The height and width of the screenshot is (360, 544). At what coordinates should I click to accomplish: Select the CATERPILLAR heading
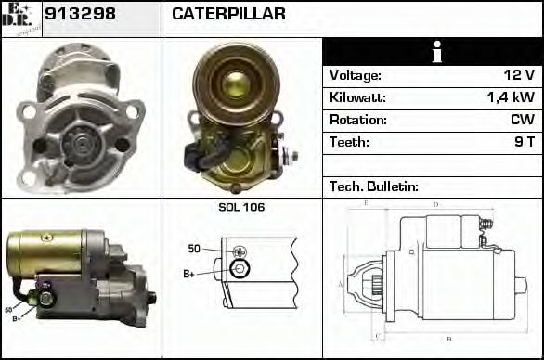point(227,15)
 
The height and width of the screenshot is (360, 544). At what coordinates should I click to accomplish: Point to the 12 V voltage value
point(520,75)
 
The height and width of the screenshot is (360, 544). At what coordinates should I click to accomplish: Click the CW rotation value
point(522,120)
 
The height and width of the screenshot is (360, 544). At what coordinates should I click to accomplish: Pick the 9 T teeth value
point(524,142)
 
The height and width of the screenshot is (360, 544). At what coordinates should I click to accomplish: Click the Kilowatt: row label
point(357,97)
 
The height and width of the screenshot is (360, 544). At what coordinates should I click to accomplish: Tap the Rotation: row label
point(356,120)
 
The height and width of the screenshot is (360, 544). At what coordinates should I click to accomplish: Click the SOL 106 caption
point(241,207)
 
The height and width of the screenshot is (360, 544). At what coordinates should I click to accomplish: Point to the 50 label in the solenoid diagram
point(194,248)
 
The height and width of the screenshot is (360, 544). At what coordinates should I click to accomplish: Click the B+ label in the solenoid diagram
point(189,274)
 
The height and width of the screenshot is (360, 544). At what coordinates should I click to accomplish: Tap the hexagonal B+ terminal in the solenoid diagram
point(239,270)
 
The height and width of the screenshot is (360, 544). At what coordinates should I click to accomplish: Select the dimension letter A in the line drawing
point(341,284)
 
